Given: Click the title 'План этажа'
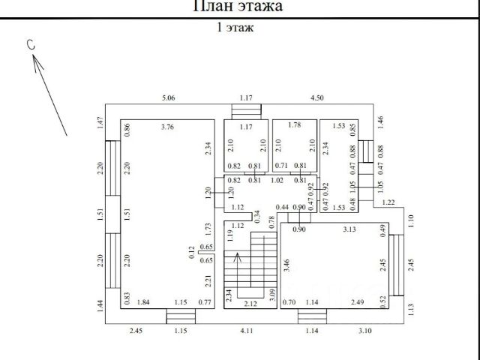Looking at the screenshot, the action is point(238,7).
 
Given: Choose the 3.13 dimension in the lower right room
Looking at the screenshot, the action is point(349,229).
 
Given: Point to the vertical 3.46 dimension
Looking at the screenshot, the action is point(287,264).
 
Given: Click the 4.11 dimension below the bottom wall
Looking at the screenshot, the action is point(247,330).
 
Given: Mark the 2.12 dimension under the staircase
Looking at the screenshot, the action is point(250,303).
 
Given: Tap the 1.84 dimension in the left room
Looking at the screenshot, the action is point(145,303).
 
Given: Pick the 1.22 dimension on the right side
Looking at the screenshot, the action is point(388,202).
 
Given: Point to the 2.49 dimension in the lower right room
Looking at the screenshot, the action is point(358,303).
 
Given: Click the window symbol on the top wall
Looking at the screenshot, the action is point(246,112).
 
